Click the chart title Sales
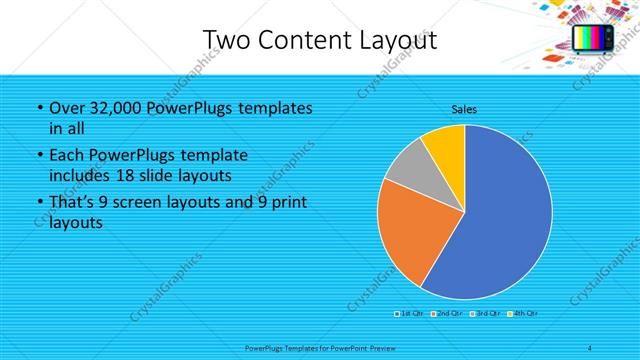[463, 107]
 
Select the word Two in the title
[227, 41]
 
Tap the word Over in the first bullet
[66, 108]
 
